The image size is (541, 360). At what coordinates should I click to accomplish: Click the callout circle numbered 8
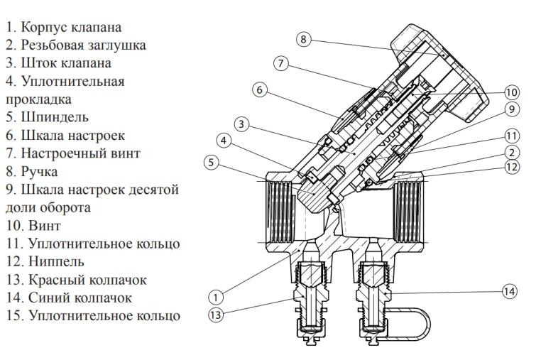pos(303,39)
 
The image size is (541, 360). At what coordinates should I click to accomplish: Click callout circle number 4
pos(224,141)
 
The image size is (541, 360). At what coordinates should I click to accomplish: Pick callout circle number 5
pos(210,163)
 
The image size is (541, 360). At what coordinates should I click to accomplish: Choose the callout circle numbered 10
pos(512,92)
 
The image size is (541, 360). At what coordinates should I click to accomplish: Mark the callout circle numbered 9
pos(511,109)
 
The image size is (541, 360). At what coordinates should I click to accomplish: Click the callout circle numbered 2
pos(511,152)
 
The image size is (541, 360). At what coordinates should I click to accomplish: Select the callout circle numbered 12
pos(511,168)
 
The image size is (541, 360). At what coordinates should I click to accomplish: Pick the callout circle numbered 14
pos(508,291)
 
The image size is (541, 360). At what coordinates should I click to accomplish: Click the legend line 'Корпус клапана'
pos(63,28)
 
